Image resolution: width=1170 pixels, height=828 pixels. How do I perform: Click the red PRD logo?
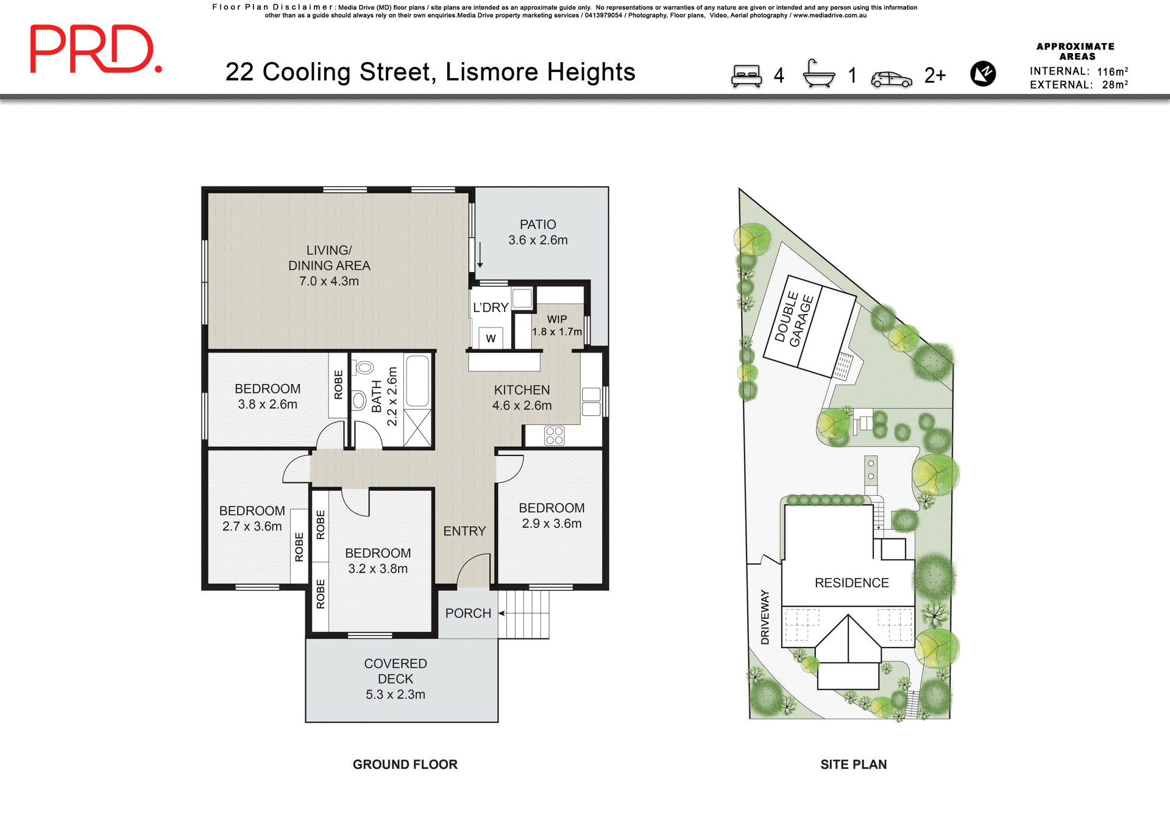[x=96, y=49]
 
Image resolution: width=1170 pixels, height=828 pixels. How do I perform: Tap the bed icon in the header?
[x=746, y=76]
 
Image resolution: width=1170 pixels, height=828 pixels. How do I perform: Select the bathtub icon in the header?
[x=818, y=74]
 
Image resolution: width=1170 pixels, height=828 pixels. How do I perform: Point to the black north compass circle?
[x=982, y=74]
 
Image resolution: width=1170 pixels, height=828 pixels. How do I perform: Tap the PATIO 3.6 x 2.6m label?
[x=537, y=232]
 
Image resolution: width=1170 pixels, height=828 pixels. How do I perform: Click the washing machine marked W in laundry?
[x=491, y=338]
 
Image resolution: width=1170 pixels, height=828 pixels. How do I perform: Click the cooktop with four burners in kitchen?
[x=554, y=435]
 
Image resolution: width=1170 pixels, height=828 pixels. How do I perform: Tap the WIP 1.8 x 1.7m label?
[x=556, y=326]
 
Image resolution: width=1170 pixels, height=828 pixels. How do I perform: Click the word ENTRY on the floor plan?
[x=464, y=531]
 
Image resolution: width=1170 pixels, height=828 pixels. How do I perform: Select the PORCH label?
[x=467, y=613]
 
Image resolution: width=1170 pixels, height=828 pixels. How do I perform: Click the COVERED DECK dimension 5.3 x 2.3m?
[x=395, y=694]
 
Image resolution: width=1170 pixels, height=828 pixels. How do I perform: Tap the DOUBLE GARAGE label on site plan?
[x=794, y=319]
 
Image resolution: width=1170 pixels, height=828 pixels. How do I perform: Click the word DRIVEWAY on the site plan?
[x=765, y=617]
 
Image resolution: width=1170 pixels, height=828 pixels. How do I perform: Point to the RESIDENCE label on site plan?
[x=851, y=583]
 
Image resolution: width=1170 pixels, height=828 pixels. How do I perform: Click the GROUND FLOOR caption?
[x=405, y=765]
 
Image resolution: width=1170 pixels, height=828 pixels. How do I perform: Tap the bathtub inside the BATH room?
[x=417, y=381]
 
